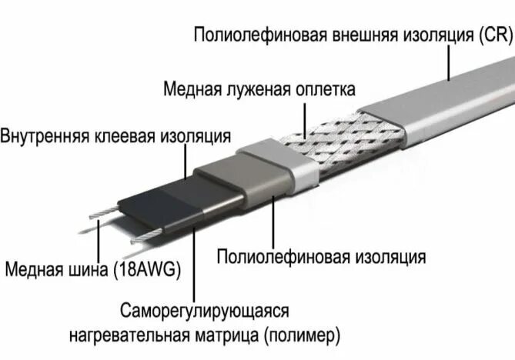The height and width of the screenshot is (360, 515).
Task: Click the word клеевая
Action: tap(124, 136)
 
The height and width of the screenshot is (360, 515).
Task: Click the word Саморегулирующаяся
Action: tap(203, 312)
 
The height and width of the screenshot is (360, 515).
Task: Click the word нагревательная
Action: tap(135, 336)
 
